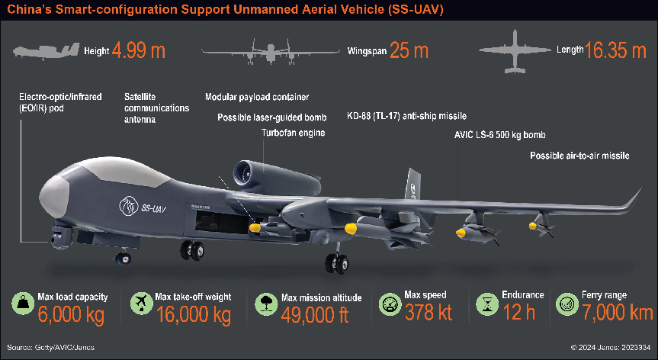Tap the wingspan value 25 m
(x=409, y=51)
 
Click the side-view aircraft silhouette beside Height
(x=46, y=53)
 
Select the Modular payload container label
(x=257, y=98)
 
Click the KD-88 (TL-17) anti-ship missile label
(x=406, y=115)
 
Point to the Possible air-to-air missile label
(x=580, y=156)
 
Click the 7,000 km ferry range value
(x=617, y=313)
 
